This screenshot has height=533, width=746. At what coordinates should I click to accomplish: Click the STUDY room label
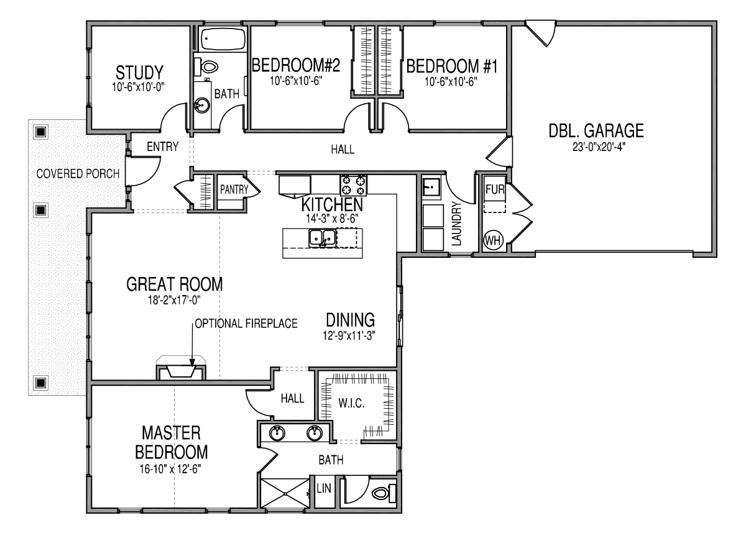tap(139, 72)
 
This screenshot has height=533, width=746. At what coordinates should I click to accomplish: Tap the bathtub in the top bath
tap(223, 39)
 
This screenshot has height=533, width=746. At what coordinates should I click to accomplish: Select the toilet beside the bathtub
tap(206, 66)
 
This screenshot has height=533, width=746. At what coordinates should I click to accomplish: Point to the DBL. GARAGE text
tap(596, 130)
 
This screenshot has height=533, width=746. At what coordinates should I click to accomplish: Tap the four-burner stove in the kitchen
tap(353, 185)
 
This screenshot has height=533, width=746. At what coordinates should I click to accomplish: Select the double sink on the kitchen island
tap(322, 237)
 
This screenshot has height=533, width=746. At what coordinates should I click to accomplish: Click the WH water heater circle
tap(493, 240)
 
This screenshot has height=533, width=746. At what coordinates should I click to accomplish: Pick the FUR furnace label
tap(495, 189)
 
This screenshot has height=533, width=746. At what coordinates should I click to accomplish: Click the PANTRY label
tap(234, 189)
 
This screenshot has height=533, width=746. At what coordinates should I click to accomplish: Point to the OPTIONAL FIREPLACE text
tap(246, 324)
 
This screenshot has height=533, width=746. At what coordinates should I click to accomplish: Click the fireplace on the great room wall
tap(181, 370)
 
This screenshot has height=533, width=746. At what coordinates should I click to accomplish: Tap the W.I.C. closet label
tap(351, 403)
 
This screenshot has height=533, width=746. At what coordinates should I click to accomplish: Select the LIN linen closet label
tap(324, 488)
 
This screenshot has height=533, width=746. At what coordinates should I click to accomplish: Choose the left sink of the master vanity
tap(277, 433)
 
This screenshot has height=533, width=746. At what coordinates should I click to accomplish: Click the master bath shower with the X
tap(285, 493)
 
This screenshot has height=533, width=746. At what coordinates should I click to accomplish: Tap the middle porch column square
tap(41, 210)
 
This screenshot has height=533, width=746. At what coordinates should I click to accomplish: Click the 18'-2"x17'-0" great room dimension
tap(174, 301)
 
